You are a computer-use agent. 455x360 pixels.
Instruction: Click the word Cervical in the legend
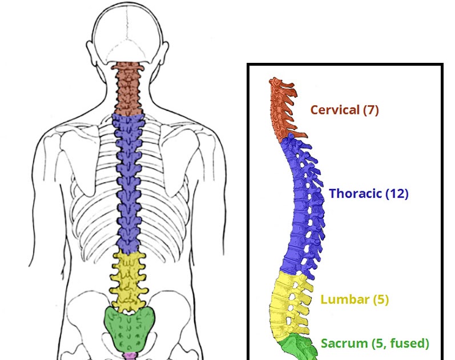(x=335, y=110)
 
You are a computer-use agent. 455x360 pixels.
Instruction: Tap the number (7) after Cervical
(x=371, y=110)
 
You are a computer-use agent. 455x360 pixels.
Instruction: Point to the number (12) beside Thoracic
(x=397, y=194)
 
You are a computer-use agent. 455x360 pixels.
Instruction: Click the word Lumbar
(x=345, y=299)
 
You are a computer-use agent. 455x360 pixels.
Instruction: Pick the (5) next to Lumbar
(x=380, y=299)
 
